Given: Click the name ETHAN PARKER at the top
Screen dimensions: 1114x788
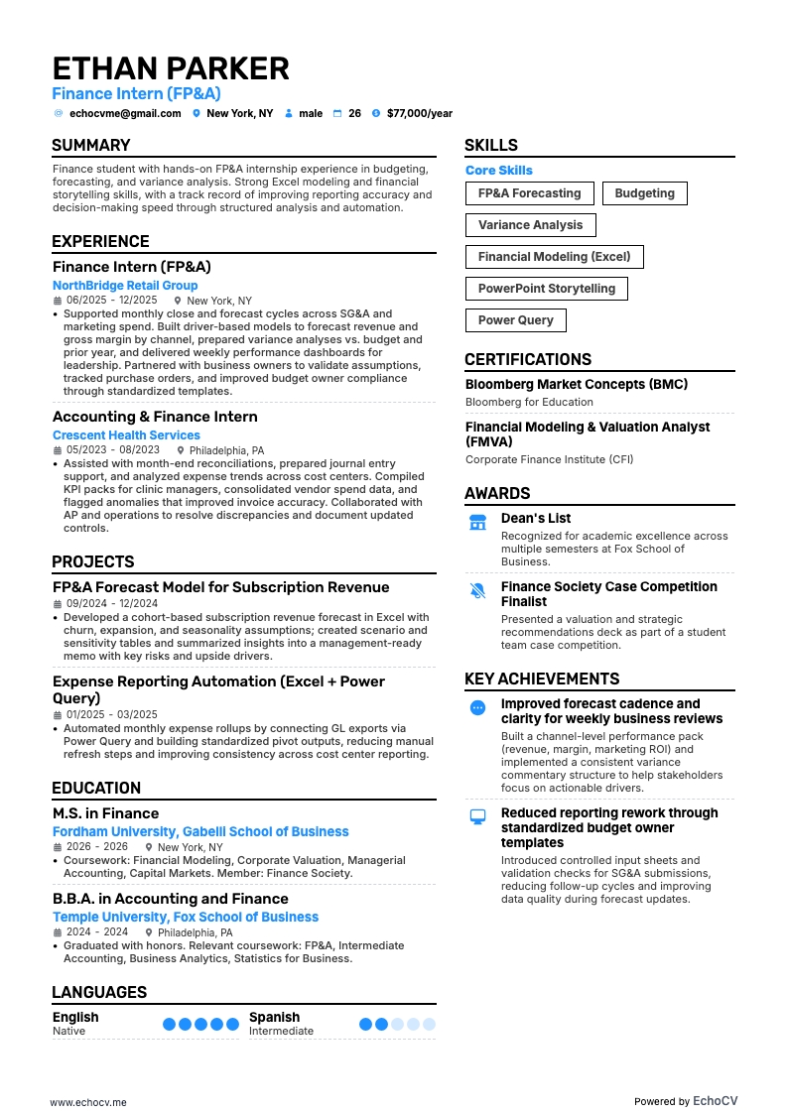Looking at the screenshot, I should [x=171, y=68].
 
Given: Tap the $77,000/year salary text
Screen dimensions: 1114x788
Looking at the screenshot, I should [x=419, y=114].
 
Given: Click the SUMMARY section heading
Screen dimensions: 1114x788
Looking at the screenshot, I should [x=91, y=145].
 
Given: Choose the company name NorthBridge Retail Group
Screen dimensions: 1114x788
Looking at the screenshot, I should [x=125, y=286].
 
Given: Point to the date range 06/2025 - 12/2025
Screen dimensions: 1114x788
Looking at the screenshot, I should [x=111, y=301].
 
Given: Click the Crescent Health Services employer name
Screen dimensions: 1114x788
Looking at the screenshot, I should [x=126, y=435].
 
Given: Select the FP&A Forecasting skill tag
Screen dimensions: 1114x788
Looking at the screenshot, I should [x=529, y=193].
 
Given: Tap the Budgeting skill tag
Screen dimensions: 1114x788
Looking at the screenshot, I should [x=644, y=193].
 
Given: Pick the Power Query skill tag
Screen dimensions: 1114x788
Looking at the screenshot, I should [x=516, y=320].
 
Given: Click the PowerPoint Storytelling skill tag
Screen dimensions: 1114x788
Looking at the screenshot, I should [x=547, y=289].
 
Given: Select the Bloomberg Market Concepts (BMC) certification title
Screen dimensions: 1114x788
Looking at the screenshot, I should [x=577, y=385].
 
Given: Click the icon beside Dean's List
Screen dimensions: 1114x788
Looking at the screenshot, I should [x=477, y=522].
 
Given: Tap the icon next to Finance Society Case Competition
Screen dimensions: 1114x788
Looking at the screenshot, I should [x=477, y=590].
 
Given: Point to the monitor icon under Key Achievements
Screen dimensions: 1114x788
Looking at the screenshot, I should [x=477, y=816].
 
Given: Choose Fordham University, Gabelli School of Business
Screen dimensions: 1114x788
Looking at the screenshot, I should [x=200, y=832].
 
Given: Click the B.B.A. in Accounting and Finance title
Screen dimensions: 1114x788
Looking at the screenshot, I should [x=171, y=899].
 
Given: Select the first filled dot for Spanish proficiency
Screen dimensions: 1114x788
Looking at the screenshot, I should [x=366, y=1024].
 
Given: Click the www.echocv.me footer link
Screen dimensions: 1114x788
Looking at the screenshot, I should [x=88, y=1074].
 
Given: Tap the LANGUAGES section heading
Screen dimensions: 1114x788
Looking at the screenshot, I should [x=99, y=992].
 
